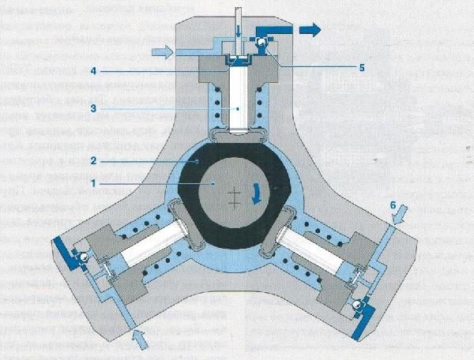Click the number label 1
[x=92, y=182]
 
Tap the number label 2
[x=92, y=159]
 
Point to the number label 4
[x=92, y=71]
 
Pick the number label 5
[x=361, y=68]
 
